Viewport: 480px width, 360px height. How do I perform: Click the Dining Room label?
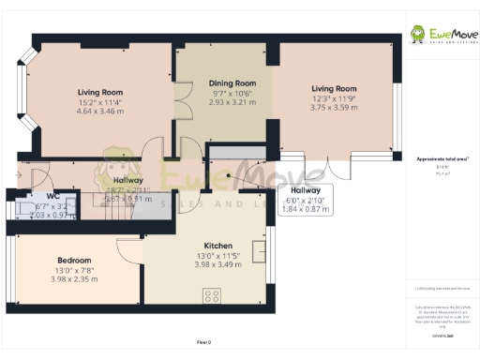[x=232, y=83]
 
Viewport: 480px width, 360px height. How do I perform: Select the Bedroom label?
[x=74, y=260]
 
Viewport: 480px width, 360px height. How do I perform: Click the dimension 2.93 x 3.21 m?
[x=232, y=103]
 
